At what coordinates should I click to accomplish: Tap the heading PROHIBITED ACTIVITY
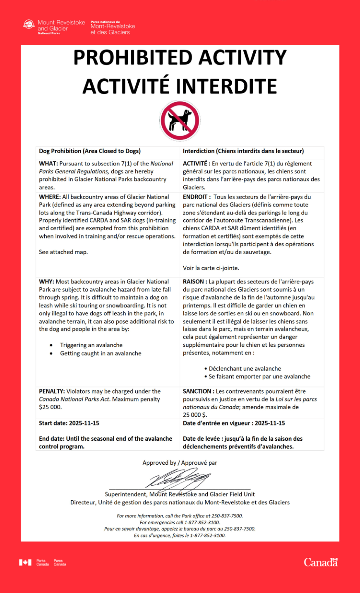[x=180, y=58]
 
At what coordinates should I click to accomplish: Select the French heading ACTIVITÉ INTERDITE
[x=180, y=86]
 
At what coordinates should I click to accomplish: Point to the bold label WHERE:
[x=50, y=197]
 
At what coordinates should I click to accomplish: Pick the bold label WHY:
[x=47, y=282]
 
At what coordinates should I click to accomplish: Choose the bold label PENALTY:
[x=52, y=391]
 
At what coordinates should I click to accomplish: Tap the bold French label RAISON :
[x=195, y=282]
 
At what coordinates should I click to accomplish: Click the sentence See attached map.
[x=63, y=252]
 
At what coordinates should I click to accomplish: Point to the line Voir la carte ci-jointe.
[x=211, y=268]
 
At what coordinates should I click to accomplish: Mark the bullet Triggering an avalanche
[x=91, y=345]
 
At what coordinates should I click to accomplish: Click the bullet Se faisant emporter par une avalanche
[x=259, y=377]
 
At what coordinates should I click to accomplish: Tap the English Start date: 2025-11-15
[x=69, y=423]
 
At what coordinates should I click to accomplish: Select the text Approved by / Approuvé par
[x=180, y=463]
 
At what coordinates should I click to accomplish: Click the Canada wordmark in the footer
[x=321, y=562]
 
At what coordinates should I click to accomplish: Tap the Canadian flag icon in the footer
[x=25, y=562]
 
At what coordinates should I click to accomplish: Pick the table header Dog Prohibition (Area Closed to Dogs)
[x=90, y=151]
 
